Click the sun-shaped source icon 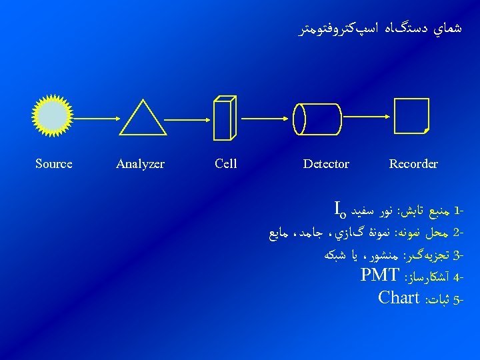pyautogui.click(x=53, y=115)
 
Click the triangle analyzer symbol pyautogui.click(x=143, y=120)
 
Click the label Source pyautogui.click(x=53, y=163)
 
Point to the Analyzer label pyautogui.click(x=140, y=164)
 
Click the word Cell pyautogui.click(x=226, y=163)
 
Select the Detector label pyautogui.click(x=326, y=163)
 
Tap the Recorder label pyautogui.click(x=413, y=163)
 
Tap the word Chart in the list pyautogui.click(x=398, y=297)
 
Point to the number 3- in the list pyautogui.click(x=458, y=255)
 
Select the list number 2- pyautogui.click(x=458, y=233)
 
